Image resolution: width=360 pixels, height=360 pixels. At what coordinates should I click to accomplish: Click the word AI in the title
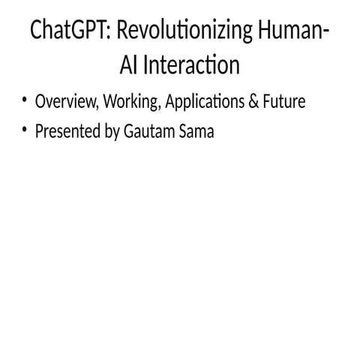pos(130,65)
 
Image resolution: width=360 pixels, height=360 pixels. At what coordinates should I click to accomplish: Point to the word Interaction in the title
pos(191,65)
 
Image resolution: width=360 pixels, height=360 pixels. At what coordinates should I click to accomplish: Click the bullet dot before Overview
pos(25,100)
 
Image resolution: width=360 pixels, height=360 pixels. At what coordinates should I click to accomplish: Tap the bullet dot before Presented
pos(25,131)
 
